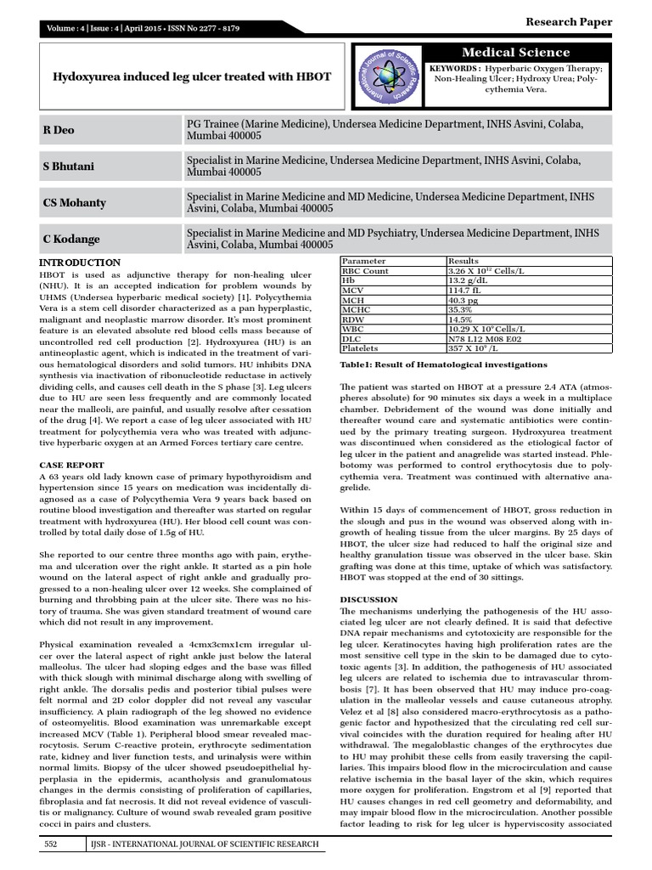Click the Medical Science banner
529,52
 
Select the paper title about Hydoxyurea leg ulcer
193,77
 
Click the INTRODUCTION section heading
81,263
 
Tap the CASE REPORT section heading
72,465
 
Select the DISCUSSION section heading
375,598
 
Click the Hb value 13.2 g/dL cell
467,281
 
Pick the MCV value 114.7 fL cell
466,291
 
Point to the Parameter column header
364,261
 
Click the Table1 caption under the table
444,364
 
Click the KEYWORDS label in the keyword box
457,67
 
